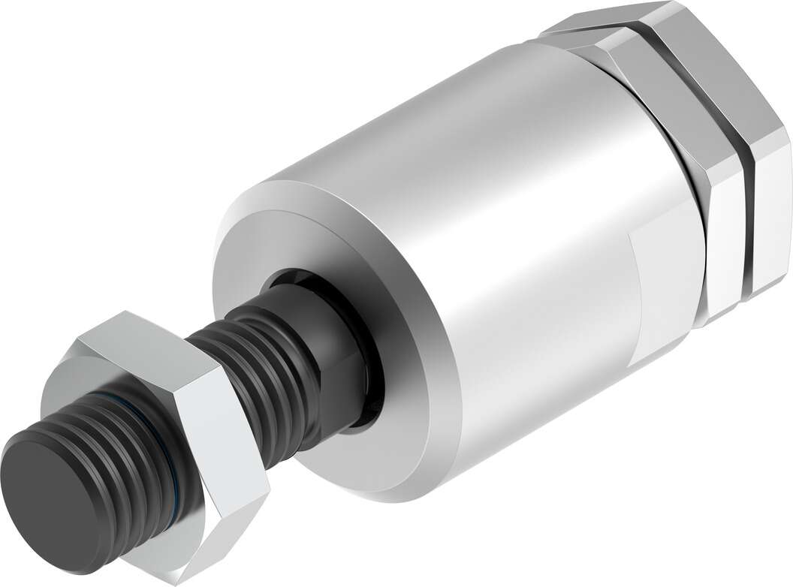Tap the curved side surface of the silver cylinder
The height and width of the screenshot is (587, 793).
point(488,225)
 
